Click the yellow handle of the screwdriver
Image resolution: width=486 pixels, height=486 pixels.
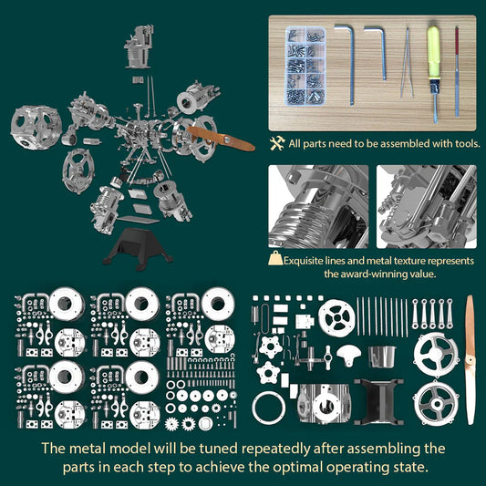coord(434,50)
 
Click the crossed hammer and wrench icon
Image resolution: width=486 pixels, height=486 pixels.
coord(277,144)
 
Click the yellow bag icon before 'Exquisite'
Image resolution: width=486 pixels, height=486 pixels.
coord(274,260)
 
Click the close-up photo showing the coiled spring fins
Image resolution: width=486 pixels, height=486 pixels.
coord(318,206)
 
